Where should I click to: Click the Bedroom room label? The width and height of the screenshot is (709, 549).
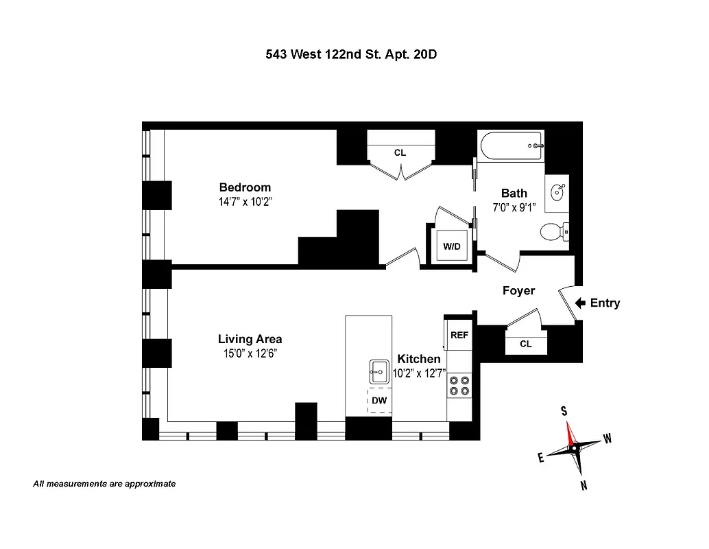[x=245, y=187]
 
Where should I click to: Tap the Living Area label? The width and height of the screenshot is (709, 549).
[x=250, y=338]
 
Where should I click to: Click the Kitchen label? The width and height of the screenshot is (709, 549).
[x=418, y=359]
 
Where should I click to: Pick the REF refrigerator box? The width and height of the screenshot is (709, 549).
[x=459, y=336]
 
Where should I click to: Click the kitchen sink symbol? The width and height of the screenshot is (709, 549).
[x=378, y=373]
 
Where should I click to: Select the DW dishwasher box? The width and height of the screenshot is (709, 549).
[x=378, y=400]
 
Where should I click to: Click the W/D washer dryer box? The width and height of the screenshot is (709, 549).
[x=451, y=246]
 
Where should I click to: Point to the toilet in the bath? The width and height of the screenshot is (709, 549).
[x=553, y=232]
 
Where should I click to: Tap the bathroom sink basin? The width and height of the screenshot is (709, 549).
[x=557, y=190]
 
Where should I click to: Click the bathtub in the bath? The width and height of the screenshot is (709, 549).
[x=511, y=145]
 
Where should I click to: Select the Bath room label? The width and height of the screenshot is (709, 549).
[x=514, y=193]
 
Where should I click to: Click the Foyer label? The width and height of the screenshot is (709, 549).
[x=518, y=290]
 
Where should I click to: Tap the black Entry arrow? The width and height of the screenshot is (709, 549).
[x=579, y=303]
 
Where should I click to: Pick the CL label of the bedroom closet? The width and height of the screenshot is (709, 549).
[x=400, y=152]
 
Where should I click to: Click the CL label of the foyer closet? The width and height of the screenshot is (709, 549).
[x=525, y=344]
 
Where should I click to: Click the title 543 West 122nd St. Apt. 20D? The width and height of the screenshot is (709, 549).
[x=351, y=54]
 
